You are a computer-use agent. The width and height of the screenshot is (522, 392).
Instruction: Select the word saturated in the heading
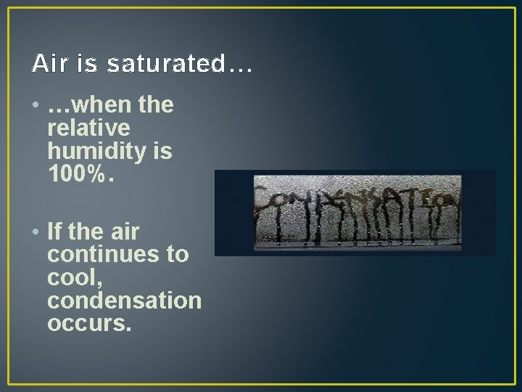click(167, 65)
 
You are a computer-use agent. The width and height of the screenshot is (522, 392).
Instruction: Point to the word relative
click(88, 128)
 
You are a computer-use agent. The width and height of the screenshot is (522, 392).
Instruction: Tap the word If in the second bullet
click(54, 232)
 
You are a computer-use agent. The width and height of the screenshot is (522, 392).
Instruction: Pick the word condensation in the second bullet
click(124, 300)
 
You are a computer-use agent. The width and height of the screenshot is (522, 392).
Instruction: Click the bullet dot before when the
click(36, 106)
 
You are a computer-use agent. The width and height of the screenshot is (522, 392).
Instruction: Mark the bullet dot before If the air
click(36, 232)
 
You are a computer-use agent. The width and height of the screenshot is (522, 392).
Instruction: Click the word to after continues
click(178, 255)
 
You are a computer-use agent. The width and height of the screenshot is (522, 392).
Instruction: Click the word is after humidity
click(163, 151)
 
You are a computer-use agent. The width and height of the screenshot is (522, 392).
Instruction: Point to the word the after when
click(156, 106)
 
